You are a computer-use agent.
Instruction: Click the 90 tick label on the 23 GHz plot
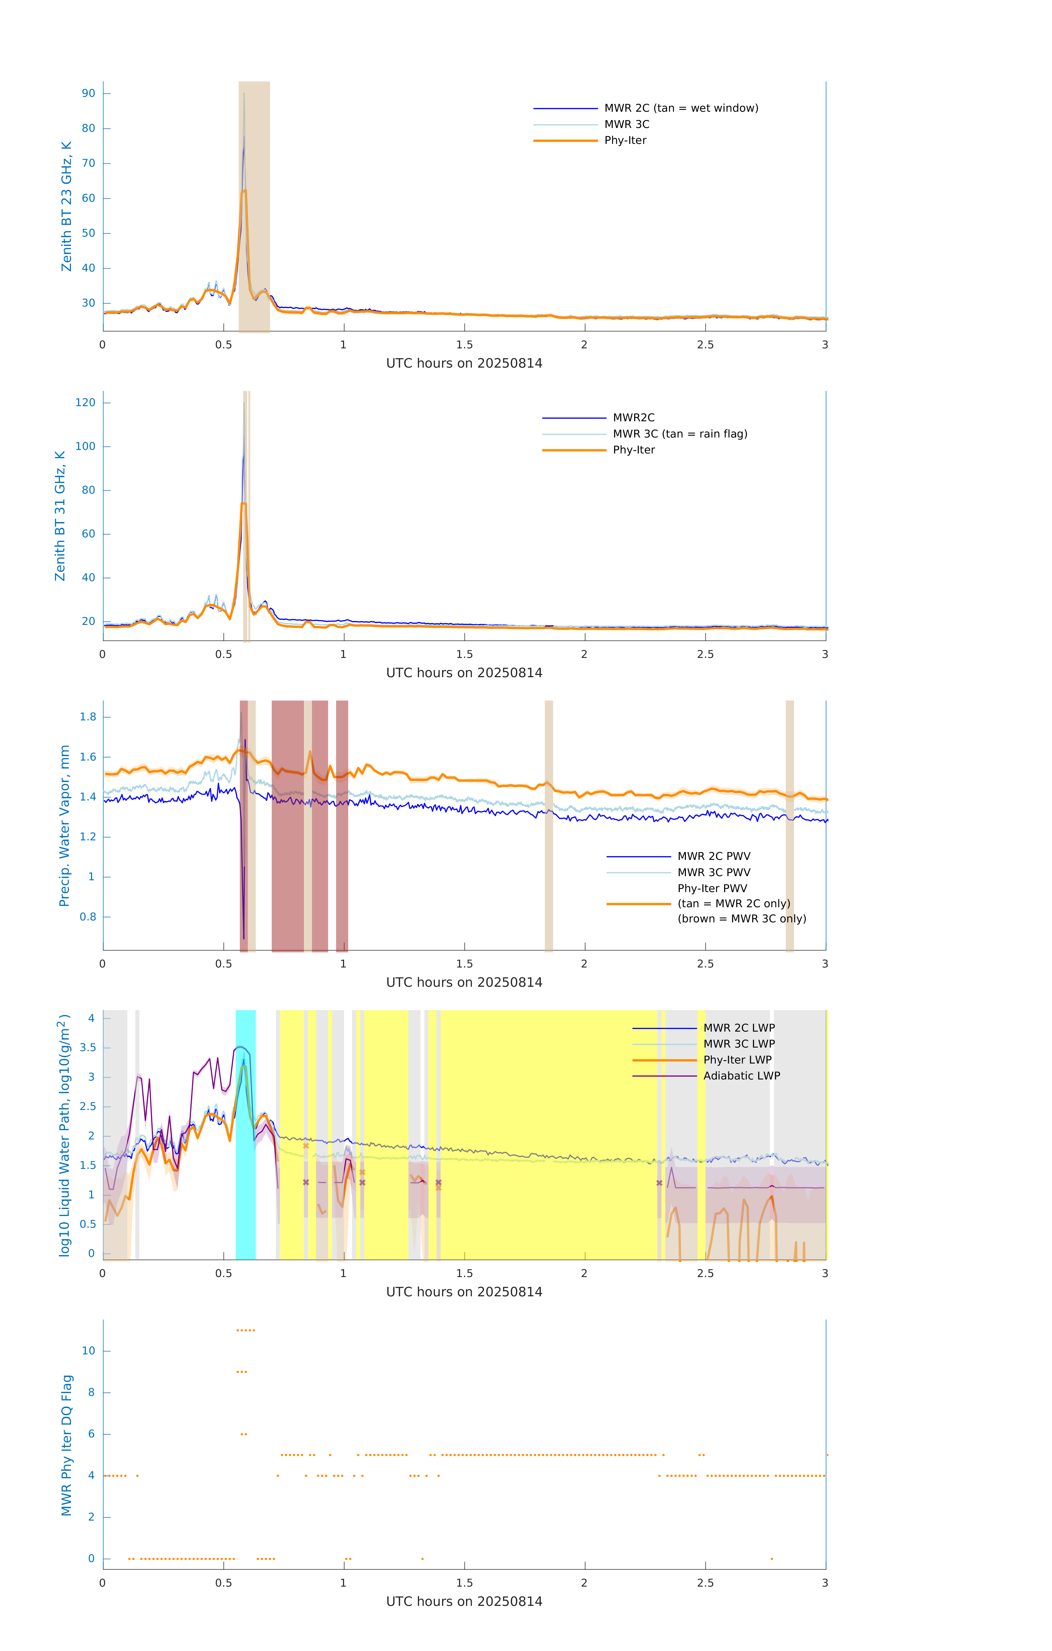point(88,93)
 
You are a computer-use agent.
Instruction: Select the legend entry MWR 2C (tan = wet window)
point(680,108)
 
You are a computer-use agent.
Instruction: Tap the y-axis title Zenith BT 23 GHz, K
point(67,206)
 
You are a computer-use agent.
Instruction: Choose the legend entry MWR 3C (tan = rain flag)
point(679,434)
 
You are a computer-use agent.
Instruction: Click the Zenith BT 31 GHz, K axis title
point(60,516)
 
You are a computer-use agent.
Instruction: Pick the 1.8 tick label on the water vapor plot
point(88,717)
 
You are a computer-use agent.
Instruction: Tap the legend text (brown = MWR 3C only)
point(741,919)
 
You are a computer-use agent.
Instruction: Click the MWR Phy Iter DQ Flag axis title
point(67,1445)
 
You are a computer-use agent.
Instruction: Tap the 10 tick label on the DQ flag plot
point(88,1351)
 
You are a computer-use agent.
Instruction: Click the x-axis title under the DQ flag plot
point(464,1602)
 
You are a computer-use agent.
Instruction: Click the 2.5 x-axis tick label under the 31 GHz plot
point(705,654)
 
